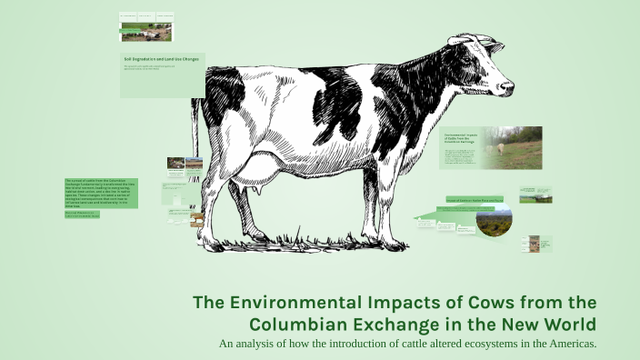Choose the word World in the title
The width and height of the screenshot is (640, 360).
coord(569,325)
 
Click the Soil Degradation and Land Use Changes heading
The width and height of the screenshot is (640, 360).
coord(161,58)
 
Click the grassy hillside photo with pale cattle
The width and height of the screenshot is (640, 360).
coord(511,148)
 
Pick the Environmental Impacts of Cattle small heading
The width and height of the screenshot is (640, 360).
coord(459,138)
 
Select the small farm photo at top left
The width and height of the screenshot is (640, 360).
coord(145,32)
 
